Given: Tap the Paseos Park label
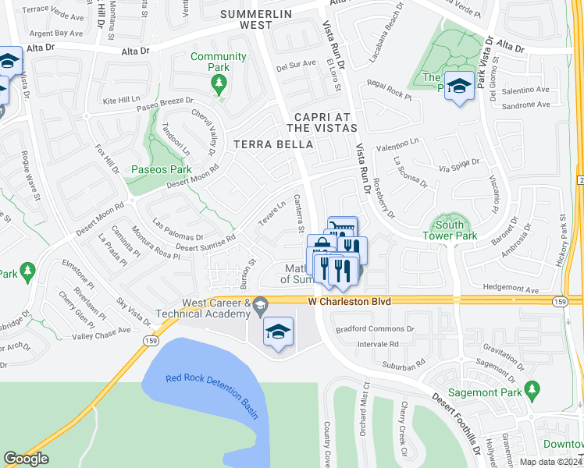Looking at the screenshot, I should (x=161, y=169).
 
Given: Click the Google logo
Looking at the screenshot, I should (x=26, y=459).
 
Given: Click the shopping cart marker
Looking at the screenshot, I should (x=342, y=229).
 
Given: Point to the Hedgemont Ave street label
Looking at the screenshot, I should (x=511, y=289).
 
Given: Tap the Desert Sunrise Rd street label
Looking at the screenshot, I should (x=205, y=243).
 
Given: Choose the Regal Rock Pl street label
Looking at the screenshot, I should (x=388, y=93).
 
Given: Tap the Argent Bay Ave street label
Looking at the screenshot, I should (x=56, y=34).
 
